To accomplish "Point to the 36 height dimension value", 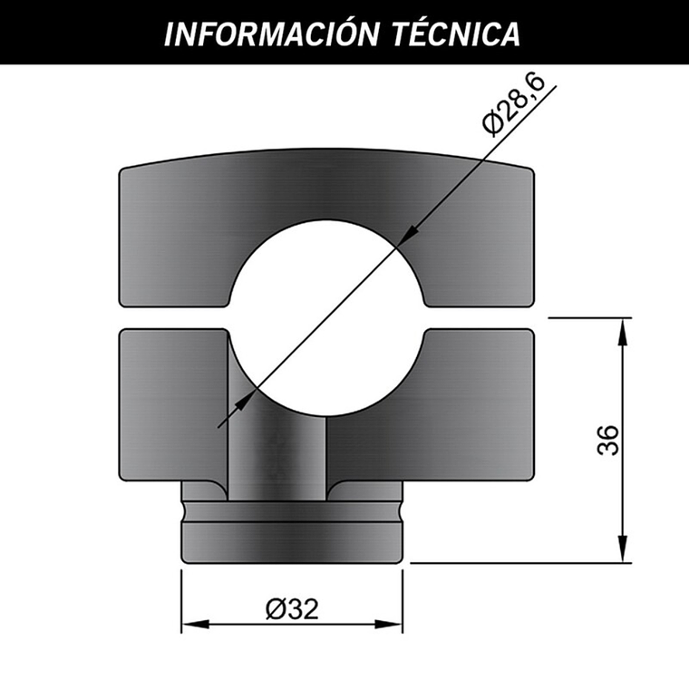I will click(609, 440).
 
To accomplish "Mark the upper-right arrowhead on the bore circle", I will click(407, 234).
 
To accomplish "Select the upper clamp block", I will click(326, 195).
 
